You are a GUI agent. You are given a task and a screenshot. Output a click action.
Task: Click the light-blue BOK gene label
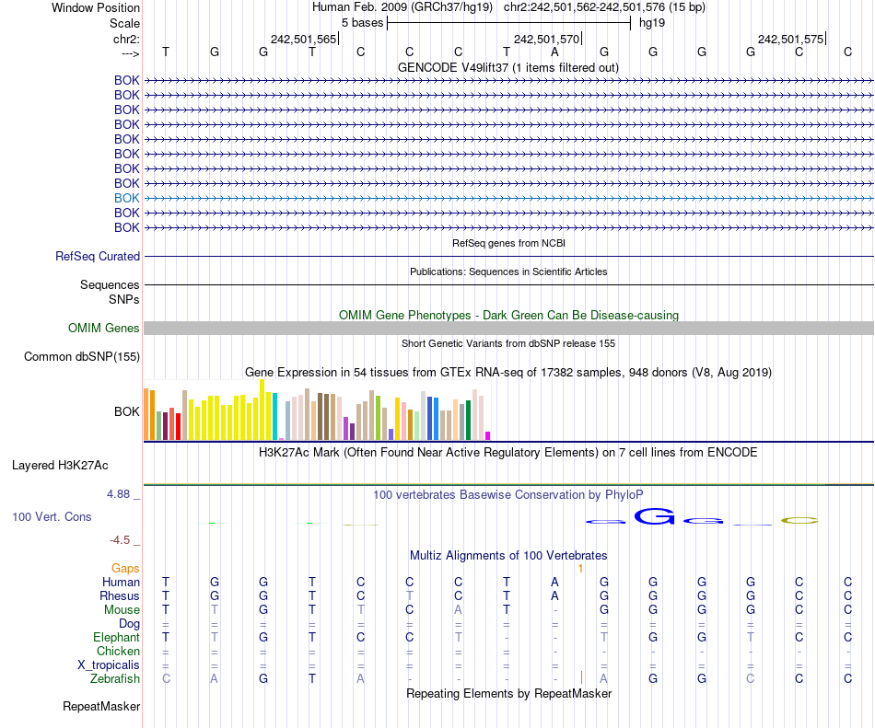point(127,198)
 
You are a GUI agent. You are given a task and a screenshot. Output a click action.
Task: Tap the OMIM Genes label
point(104,329)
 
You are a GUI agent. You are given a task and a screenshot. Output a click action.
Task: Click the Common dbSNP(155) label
point(82,357)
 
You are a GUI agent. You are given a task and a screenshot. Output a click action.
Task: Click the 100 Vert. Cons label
point(52,517)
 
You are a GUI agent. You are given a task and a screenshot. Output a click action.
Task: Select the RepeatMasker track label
point(101,707)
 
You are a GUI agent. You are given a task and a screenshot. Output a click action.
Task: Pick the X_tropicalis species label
point(109,664)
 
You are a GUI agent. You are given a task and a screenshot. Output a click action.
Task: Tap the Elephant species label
point(116,637)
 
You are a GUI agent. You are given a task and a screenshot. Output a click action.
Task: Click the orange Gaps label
point(125,569)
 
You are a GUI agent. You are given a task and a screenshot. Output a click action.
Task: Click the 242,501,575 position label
point(790,40)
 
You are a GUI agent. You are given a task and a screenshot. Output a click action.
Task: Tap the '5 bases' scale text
point(362,23)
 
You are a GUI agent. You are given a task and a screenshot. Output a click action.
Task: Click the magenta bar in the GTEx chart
point(488,435)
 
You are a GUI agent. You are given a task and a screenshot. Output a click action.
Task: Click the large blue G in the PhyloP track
point(655,518)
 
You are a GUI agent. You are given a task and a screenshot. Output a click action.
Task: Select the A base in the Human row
point(554,582)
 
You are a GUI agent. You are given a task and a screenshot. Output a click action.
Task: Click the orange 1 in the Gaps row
point(580,569)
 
